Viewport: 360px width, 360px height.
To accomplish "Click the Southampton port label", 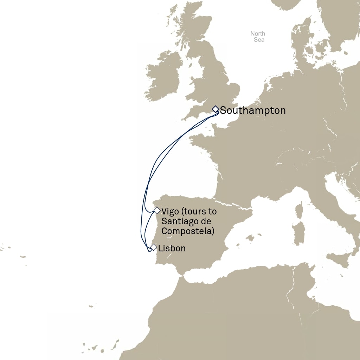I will [x=253, y=111].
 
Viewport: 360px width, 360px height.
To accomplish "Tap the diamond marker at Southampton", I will [x=216, y=109].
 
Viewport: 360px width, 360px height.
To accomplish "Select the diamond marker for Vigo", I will [x=157, y=210].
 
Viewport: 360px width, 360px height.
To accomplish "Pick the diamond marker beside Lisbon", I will [x=153, y=247].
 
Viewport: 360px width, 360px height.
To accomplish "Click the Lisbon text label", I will [x=172, y=248].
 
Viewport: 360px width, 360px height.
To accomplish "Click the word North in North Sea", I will [x=258, y=34].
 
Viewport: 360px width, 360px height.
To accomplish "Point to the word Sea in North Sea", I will [x=259, y=40].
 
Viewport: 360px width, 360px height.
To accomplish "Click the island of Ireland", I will [x=163, y=77].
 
